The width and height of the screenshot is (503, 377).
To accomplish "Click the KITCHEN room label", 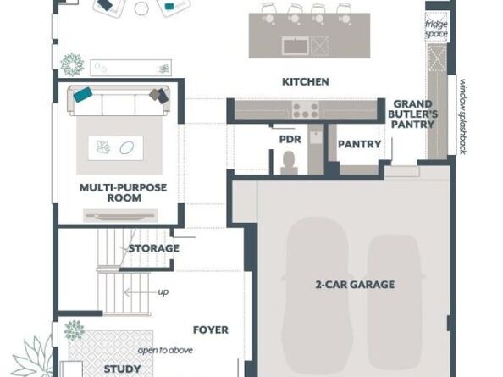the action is pyautogui.click(x=306, y=82).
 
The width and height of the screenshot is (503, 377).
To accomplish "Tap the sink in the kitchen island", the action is pyautogui.click(x=296, y=46).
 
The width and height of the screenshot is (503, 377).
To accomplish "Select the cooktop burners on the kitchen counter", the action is pyautogui.click(x=305, y=110).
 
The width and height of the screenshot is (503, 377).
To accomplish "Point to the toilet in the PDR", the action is pyautogui.click(x=289, y=163).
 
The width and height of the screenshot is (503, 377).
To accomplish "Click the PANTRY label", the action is pyautogui.click(x=360, y=144).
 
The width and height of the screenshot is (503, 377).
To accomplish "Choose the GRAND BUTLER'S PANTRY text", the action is pyautogui.click(x=412, y=114).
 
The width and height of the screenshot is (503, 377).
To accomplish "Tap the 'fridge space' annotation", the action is pyautogui.click(x=436, y=29).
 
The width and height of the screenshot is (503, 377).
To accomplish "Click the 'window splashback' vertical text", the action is pyautogui.click(x=462, y=116).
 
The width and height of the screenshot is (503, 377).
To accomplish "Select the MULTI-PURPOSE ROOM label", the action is pyautogui.click(x=124, y=192).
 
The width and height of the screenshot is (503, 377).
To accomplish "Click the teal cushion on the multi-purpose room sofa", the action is pyautogui.click(x=83, y=95).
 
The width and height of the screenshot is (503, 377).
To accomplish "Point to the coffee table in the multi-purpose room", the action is pyautogui.click(x=116, y=148).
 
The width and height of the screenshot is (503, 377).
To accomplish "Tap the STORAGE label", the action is pyautogui.click(x=153, y=248).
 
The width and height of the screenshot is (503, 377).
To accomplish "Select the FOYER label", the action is pyautogui.click(x=211, y=330).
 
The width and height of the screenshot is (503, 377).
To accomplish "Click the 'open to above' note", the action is pyautogui.click(x=165, y=350).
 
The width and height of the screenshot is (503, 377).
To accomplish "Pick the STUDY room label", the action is pyautogui.click(x=122, y=369).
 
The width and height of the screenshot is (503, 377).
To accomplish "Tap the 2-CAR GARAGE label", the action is pyautogui.click(x=355, y=285).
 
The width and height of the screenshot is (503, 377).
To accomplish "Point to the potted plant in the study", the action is pyautogui.click(x=75, y=330).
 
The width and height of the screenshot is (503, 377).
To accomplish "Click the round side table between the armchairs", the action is pyautogui.click(x=141, y=8).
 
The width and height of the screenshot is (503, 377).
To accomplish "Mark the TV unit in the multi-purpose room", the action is pyautogui.click(x=120, y=216).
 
